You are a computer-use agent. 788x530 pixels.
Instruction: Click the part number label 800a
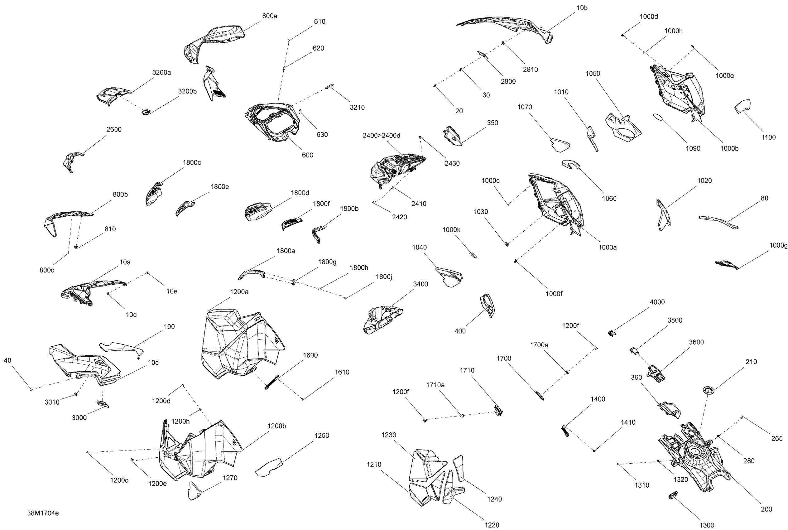pyautogui.click(x=269, y=16)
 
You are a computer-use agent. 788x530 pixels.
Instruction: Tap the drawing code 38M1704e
pyautogui.click(x=43, y=513)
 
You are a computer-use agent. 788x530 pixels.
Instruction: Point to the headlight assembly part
pyautogui.click(x=398, y=169)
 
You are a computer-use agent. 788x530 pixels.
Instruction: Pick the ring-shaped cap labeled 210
pyautogui.click(x=709, y=390)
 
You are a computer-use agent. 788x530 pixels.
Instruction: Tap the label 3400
pyautogui.click(x=420, y=284)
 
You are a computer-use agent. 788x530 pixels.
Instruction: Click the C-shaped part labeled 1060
pyautogui.click(x=571, y=164)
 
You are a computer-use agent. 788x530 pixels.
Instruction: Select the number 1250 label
pyautogui.click(x=321, y=435)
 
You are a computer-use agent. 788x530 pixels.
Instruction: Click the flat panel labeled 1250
pyautogui.click(x=269, y=467)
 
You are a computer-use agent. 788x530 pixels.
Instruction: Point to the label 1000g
pyautogui.click(x=778, y=245)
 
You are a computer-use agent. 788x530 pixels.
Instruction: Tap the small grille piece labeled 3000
pyautogui.click(x=103, y=404)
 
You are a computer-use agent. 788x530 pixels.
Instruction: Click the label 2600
pyautogui.click(x=114, y=129)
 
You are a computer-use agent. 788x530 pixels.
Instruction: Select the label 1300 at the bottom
pyautogui.click(x=707, y=525)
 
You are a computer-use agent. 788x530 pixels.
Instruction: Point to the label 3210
pyautogui.click(x=357, y=108)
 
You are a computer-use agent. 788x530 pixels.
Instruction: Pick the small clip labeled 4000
pyautogui.click(x=612, y=333)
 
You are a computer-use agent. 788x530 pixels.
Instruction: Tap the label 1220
pyautogui.click(x=492, y=525)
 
